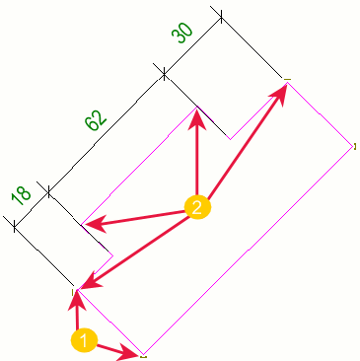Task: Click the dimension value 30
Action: coord(181,34)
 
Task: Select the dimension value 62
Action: coord(96,120)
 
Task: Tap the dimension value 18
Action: coord(21,197)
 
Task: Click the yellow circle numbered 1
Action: coord(84,341)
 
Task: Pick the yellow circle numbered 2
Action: coord(197,207)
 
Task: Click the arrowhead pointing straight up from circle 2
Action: coord(197,118)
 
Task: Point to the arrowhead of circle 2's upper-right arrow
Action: coord(279,93)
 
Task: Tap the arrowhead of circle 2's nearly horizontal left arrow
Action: coord(95,224)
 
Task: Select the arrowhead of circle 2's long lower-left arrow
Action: coord(90,282)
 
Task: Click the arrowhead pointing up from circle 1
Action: coord(77,300)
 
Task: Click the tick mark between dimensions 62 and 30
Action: coord(164,76)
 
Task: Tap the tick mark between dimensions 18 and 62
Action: coord(48,191)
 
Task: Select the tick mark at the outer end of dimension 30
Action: coord(221,17)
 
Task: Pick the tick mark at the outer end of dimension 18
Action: coord(14,227)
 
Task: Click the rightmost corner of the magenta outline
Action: coord(353,147)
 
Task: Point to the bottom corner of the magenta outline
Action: coord(143,354)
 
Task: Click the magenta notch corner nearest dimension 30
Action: coord(230,139)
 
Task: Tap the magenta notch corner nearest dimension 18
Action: coord(113,255)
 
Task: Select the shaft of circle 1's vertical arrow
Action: coord(77,320)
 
